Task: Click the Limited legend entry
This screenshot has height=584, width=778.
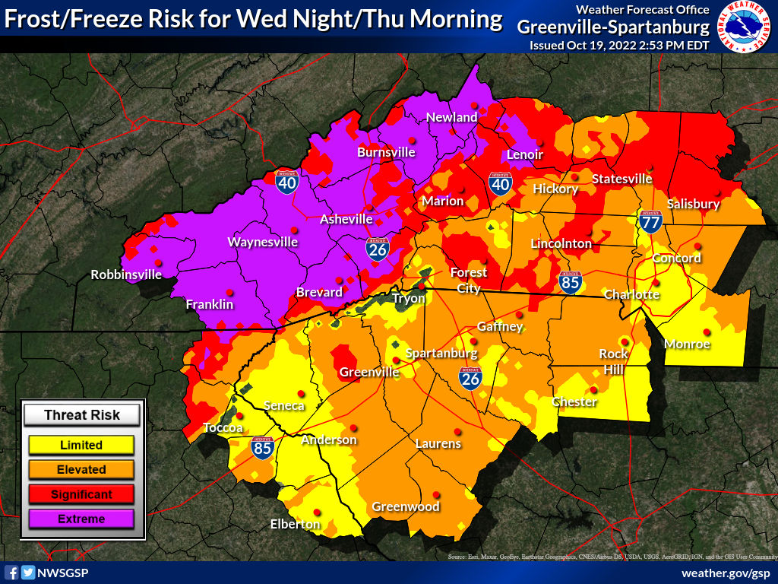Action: (81, 445)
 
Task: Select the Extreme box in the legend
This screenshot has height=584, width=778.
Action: (81, 519)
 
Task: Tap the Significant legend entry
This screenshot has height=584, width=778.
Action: (81, 494)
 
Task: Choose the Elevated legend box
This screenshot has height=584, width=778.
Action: (81, 469)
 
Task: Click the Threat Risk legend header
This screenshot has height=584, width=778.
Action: (82, 414)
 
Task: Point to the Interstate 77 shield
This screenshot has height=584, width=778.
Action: (650, 221)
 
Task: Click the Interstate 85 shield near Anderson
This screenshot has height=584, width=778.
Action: (262, 447)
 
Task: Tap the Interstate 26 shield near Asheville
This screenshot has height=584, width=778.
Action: (376, 249)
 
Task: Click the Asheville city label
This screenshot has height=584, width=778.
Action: (346, 219)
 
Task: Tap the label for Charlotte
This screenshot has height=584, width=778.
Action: (631, 294)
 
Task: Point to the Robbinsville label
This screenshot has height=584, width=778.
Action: (126, 275)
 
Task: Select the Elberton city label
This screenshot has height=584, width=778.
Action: (296, 524)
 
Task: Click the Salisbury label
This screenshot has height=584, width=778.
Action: (693, 204)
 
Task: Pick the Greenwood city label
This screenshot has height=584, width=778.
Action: (406, 506)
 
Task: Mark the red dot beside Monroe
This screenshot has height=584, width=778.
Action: (707, 332)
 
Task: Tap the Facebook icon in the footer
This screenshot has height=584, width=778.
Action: (11, 573)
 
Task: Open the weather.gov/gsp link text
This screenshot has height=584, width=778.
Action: (726, 573)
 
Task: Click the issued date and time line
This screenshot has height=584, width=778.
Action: (619, 46)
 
